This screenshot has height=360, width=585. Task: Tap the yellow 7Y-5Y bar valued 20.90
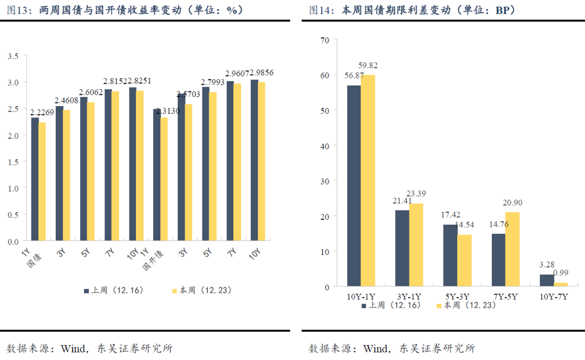click(x=512, y=249)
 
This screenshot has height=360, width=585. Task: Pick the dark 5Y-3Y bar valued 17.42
click(x=450, y=255)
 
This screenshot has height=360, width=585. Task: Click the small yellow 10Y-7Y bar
click(x=561, y=284)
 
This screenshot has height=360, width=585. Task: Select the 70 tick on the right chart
click(x=325, y=40)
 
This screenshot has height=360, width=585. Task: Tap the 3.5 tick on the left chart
click(x=14, y=56)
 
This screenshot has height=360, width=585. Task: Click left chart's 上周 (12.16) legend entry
click(x=113, y=291)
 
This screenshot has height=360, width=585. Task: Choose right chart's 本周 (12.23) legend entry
click(x=466, y=305)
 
